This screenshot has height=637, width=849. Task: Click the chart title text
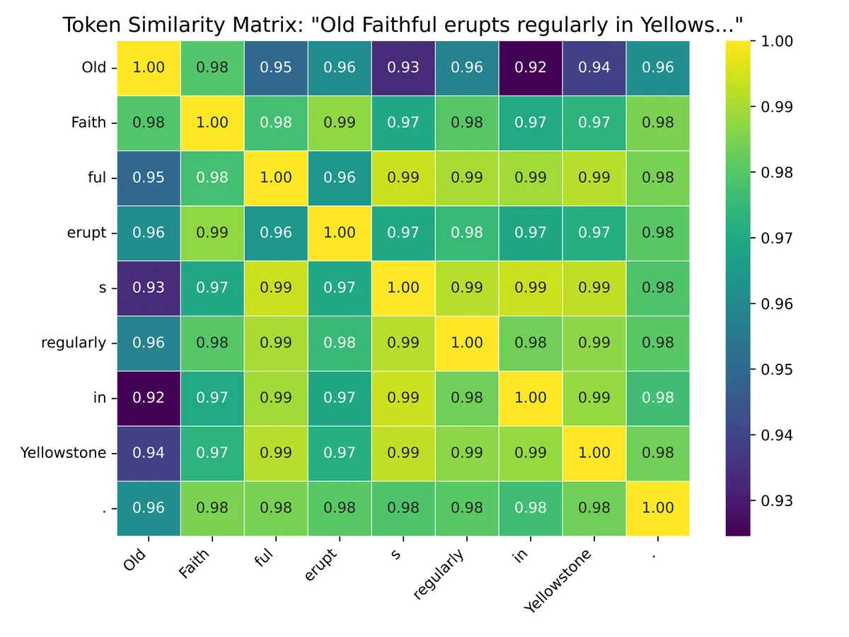pyautogui.click(x=403, y=25)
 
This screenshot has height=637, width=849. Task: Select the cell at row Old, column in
pyautogui.click(x=531, y=68)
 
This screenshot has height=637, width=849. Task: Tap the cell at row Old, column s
pyautogui.click(x=403, y=68)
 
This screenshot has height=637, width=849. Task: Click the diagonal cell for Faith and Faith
pyautogui.click(x=212, y=122)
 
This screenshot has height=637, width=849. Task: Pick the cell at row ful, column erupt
pyautogui.click(x=340, y=178)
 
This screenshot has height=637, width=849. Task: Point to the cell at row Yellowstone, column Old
pyautogui.click(x=149, y=452)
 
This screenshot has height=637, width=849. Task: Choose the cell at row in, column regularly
pyautogui.click(x=467, y=398)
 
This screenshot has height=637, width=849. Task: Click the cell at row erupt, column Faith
pyautogui.click(x=212, y=233)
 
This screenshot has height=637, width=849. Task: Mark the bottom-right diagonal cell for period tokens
pyautogui.click(x=658, y=507)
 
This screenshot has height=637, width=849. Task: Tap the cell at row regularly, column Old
pyautogui.click(x=149, y=343)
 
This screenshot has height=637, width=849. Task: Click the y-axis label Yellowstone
pyautogui.click(x=64, y=452)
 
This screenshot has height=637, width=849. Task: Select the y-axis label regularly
pyautogui.click(x=74, y=343)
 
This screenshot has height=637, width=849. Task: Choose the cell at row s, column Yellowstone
pyautogui.click(x=594, y=287)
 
